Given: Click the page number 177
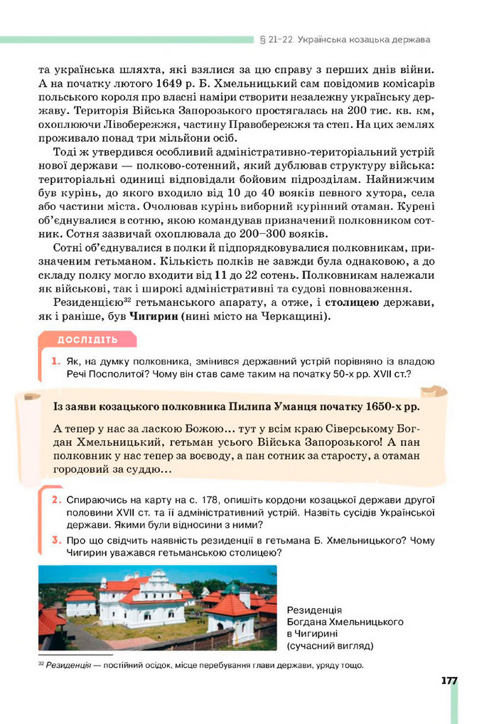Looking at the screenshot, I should [x=448, y=681].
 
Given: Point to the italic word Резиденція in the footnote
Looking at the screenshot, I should [x=68, y=666].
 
